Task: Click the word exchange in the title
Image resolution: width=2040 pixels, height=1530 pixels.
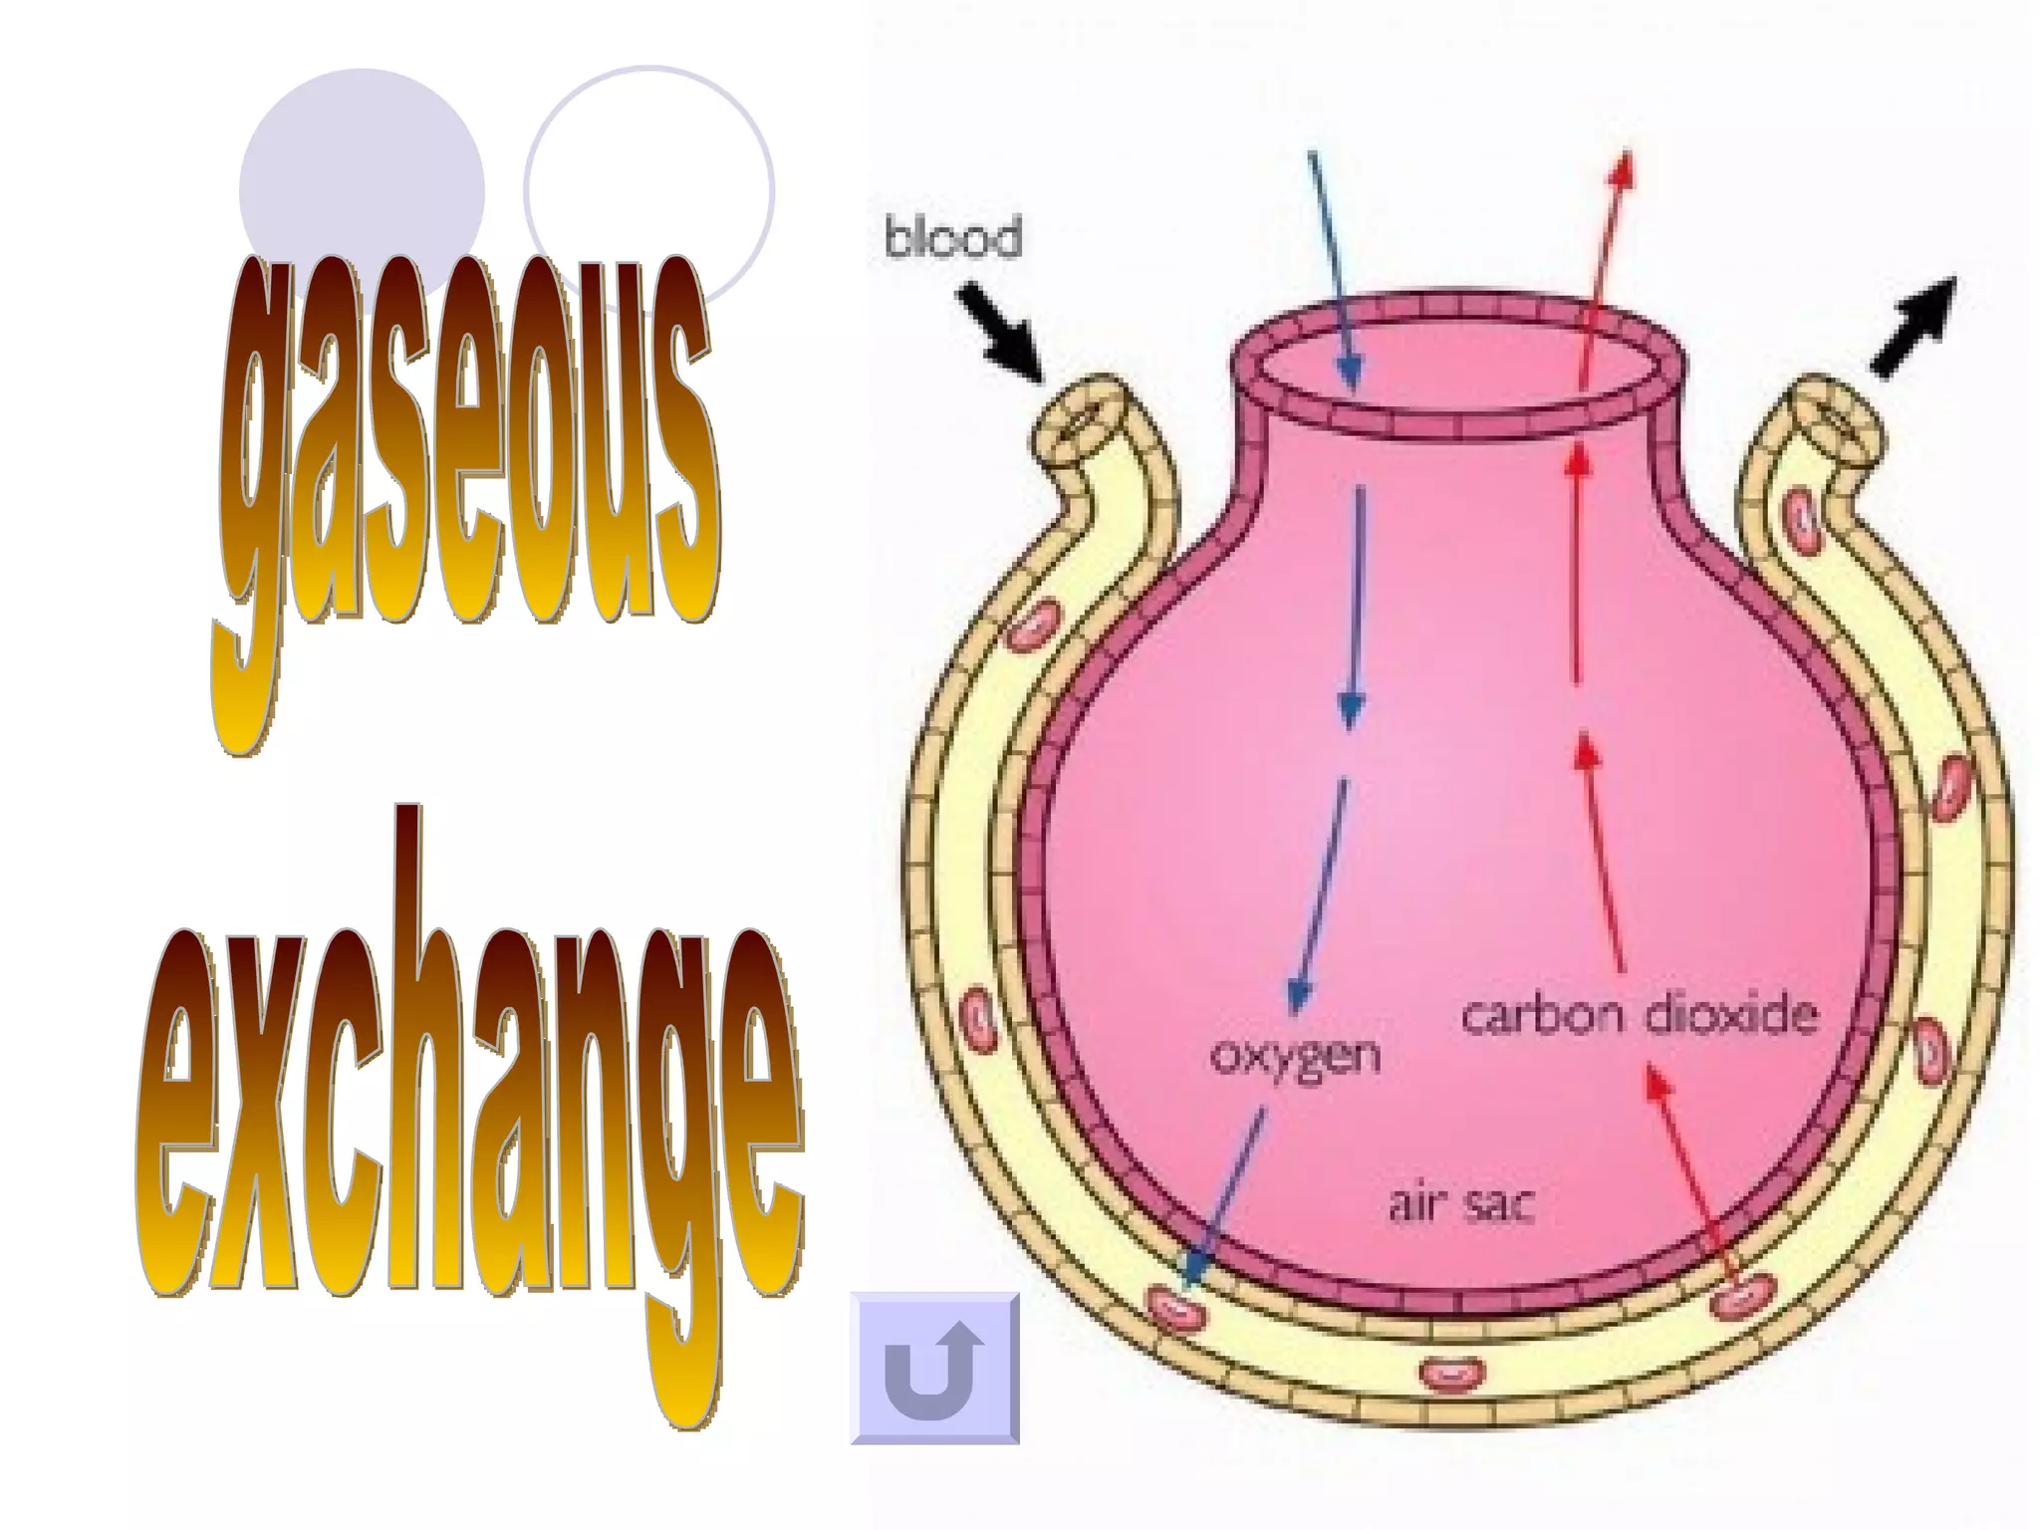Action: coord(468,1106)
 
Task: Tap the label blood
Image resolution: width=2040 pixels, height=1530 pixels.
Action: coord(953,238)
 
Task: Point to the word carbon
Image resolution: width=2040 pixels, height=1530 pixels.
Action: coord(1542,1016)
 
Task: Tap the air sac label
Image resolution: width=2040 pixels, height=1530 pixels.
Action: coord(1461,1204)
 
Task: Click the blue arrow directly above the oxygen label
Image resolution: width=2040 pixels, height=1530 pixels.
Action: coord(1320,896)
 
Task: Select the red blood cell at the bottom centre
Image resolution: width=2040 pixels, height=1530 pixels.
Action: coord(1452,1374)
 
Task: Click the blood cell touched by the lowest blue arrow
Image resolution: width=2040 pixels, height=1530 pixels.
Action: coord(1175,1307)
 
